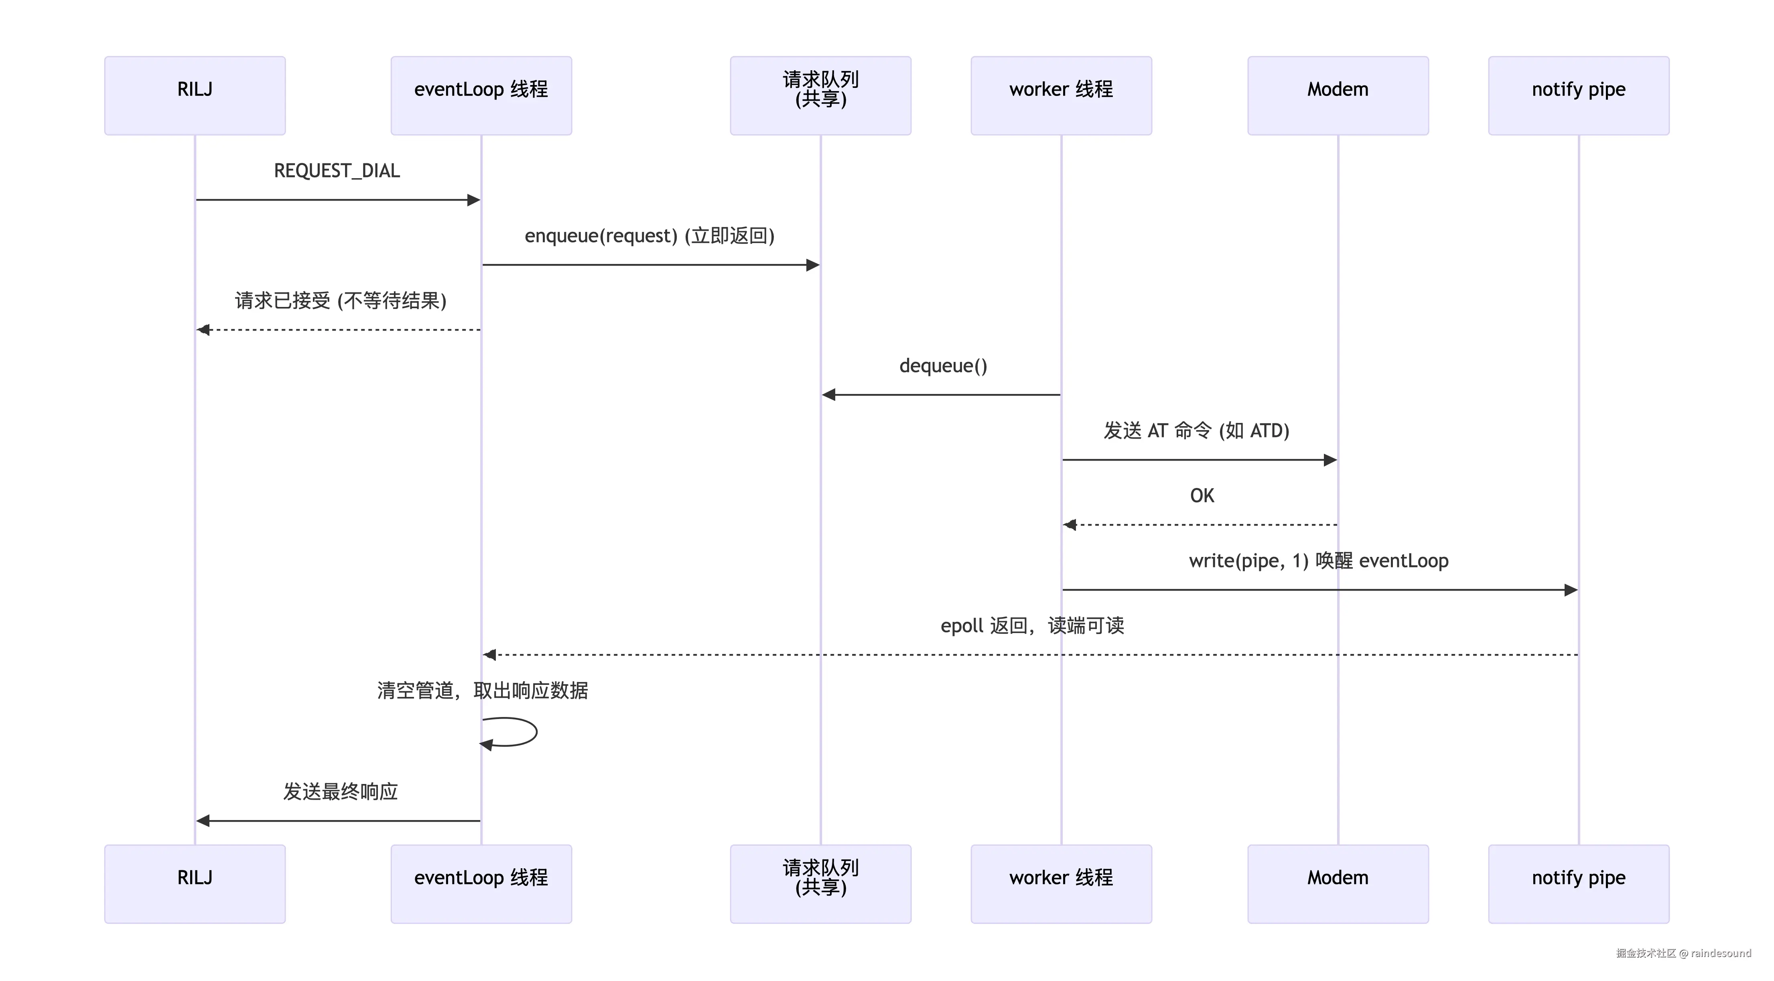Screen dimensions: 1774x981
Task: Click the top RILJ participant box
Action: pyautogui.click(x=195, y=96)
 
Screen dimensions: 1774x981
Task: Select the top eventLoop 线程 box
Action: pyautogui.click(x=481, y=96)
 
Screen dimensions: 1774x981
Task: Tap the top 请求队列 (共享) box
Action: pyautogui.click(x=820, y=96)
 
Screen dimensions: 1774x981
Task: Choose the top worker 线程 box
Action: pyautogui.click(x=1061, y=96)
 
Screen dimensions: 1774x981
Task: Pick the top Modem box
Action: pyautogui.click(x=1338, y=96)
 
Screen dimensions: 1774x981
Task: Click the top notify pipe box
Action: pyautogui.click(x=1578, y=96)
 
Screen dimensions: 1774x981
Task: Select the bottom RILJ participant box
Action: pyautogui.click(x=195, y=884)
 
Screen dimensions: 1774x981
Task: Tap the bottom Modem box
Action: pyautogui.click(x=1338, y=884)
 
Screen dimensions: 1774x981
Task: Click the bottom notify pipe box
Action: pyautogui.click(x=1578, y=884)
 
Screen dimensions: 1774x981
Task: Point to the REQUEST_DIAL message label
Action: pyautogui.click(x=337, y=171)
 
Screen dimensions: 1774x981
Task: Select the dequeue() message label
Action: pyautogui.click(x=943, y=366)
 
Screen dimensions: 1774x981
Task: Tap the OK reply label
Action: pyautogui.click(x=1202, y=496)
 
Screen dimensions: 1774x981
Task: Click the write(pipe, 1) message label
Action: pyautogui.click(x=1248, y=561)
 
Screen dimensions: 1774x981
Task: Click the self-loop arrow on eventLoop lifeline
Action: pyautogui.click(x=536, y=731)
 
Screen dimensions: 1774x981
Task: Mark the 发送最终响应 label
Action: pyautogui.click(x=340, y=792)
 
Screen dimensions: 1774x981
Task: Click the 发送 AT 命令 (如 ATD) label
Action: pyautogui.click(x=1196, y=431)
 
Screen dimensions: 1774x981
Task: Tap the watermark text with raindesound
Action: pyautogui.click(x=1683, y=953)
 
